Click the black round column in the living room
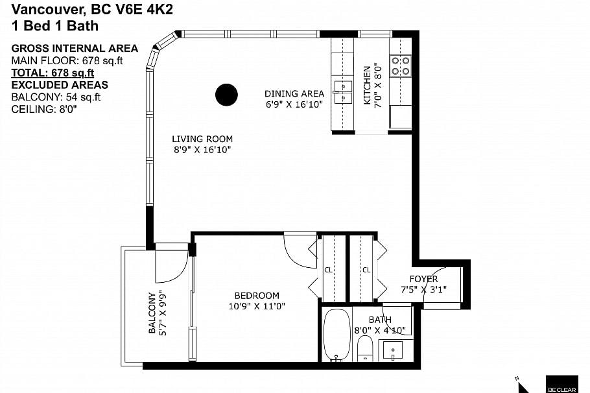click(x=226, y=95)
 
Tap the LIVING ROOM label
click(x=202, y=139)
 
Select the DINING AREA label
click(x=294, y=94)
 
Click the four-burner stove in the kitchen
click(x=400, y=65)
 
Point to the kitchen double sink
click(x=342, y=92)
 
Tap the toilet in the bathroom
click(x=364, y=348)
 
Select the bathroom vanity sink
click(x=393, y=350)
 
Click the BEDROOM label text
click(x=257, y=296)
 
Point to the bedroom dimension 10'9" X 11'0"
click(x=257, y=306)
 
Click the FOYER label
click(x=423, y=279)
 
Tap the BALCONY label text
click(x=152, y=313)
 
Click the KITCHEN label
click(x=367, y=85)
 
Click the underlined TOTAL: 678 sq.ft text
click(x=53, y=73)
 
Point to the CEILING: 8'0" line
click(x=44, y=109)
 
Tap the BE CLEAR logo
click(x=562, y=385)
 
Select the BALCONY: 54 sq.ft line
click(x=56, y=97)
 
